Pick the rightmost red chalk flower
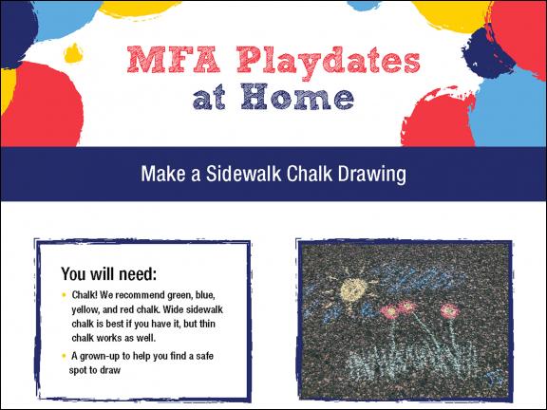click(x=447, y=310)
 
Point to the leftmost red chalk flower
click(x=387, y=310)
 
